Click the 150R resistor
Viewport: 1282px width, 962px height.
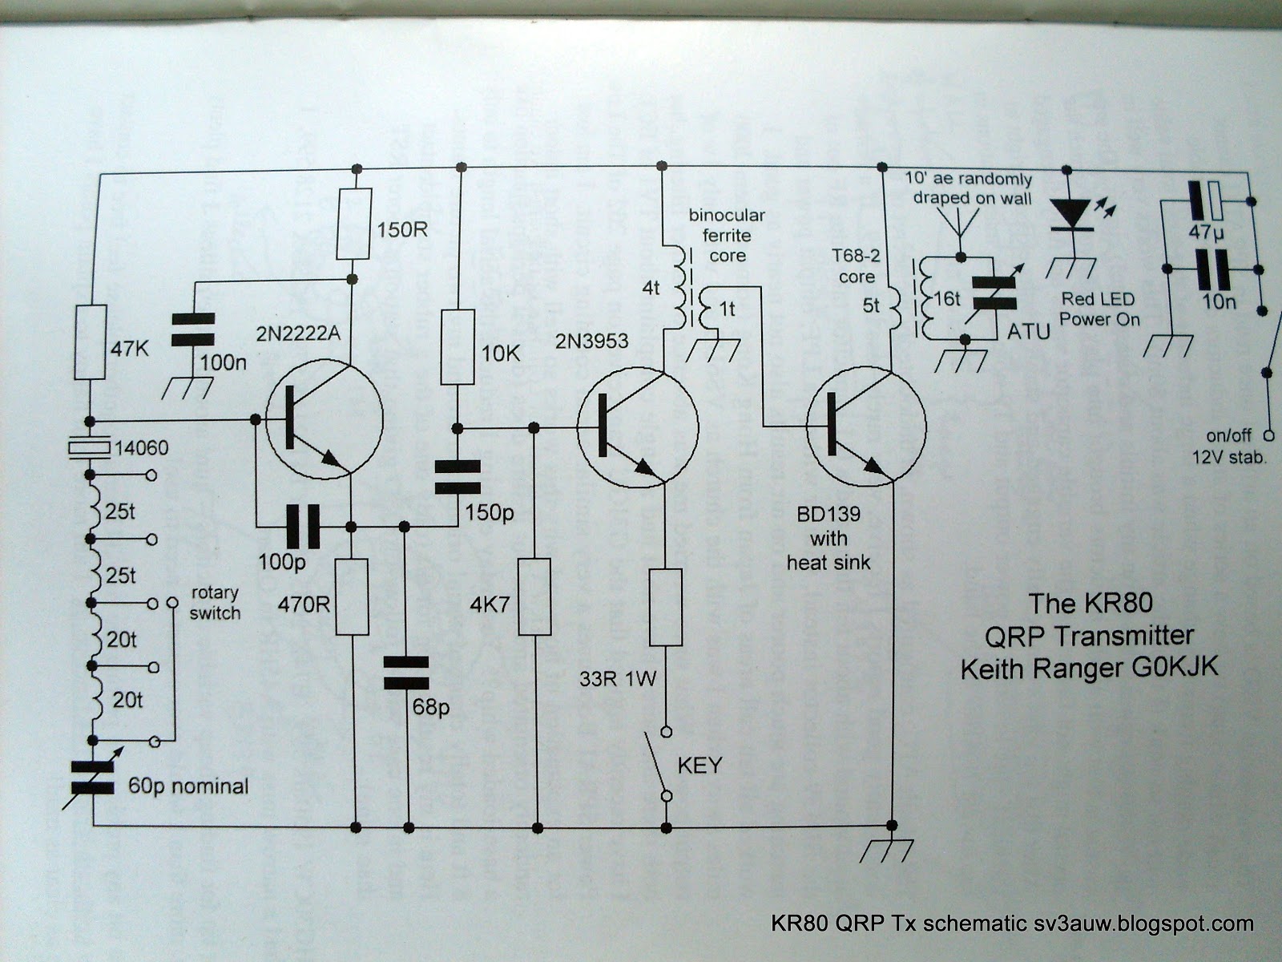click(x=353, y=224)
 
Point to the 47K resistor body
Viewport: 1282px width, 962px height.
click(x=91, y=342)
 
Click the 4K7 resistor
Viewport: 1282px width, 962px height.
click(x=535, y=596)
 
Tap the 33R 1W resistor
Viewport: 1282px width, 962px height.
click(x=665, y=607)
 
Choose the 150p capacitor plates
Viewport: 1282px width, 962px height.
click(x=458, y=476)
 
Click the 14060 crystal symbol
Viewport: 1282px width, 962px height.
click(x=91, y=448)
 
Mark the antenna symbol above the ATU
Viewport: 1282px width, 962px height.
click(x=959, y=224)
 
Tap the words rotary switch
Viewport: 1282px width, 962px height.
click(x=216, y=603)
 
